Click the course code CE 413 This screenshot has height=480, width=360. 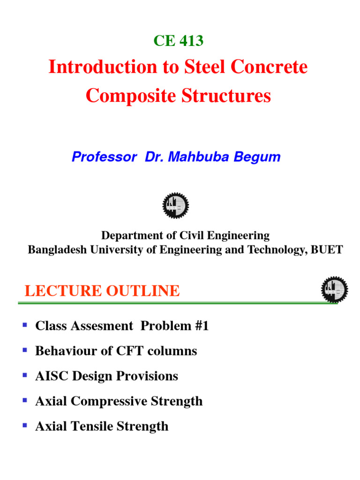(178, 41)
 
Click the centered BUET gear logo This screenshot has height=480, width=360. (175, 205)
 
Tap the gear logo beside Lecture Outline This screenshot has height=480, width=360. (334, 289)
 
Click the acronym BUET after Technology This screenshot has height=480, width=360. (328, 249)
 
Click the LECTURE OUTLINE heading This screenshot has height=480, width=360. (102, 291)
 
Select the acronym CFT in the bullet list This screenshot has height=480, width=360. (135, 351)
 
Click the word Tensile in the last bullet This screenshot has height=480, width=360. (92, 426)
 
